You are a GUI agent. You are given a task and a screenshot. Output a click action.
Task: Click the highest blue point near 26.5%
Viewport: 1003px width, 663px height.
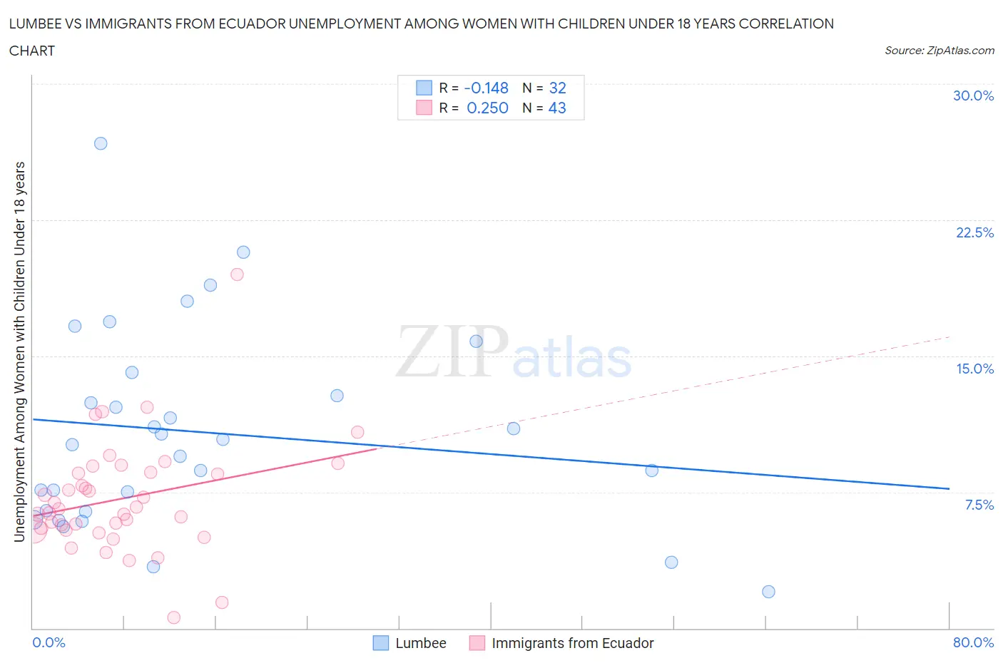[x=101, y=143]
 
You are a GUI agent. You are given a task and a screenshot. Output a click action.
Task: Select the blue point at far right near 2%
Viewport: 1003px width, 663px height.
[x=768, y=592]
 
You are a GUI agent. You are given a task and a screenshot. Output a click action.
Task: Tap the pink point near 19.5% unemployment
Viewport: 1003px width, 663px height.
[x=237, y=274]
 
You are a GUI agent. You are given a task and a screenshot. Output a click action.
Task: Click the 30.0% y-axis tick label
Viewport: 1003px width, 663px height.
[x=973, y=96]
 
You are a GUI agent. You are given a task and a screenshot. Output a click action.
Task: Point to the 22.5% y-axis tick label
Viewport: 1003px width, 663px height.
[x=974, y=232]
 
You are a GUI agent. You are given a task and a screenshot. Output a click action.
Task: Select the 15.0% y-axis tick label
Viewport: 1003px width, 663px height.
[x=974, y=369]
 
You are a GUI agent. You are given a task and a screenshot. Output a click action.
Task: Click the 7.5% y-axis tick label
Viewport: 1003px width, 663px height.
[x=979, y=505]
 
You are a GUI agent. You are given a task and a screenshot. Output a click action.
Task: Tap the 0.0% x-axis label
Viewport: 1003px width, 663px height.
[x=49, y=642]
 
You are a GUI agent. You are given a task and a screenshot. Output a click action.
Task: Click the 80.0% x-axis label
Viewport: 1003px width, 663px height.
[x=973, y=642]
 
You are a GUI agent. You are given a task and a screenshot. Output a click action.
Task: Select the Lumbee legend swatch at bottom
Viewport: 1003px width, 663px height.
[x=381, y=643]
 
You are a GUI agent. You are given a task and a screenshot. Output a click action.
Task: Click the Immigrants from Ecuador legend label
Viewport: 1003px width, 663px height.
[x=572, y=643]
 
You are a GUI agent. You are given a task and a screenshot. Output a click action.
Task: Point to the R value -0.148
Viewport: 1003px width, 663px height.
[x=486, y=88]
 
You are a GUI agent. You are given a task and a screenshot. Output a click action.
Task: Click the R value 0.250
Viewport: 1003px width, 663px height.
[x=487, y=108]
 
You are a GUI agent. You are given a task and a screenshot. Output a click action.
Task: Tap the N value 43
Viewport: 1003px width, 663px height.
[x=556, y=108]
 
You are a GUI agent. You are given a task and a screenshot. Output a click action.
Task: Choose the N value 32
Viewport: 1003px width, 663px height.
[x=557, y=88]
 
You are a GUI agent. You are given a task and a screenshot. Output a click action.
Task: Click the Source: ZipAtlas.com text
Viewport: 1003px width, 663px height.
[x=939, y=50]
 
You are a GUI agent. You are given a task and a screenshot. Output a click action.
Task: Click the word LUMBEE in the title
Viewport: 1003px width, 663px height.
[x=33, y=24]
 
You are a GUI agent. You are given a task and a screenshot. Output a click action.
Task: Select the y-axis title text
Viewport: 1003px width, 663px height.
[x=19, y=351]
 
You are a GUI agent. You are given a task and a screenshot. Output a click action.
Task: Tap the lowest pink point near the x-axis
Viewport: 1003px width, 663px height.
[x=173, y=617]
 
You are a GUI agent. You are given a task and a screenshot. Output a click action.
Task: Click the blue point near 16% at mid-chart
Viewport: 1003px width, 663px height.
[x=476, y=341]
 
